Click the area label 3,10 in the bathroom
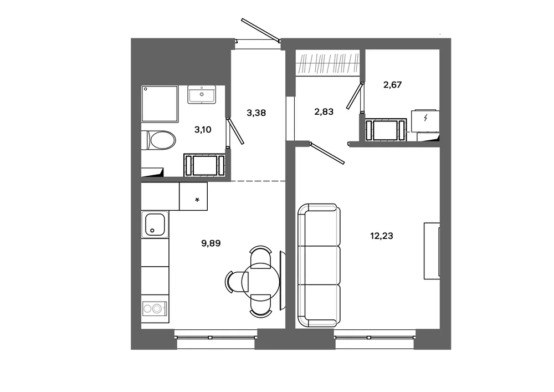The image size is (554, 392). click(203, 130)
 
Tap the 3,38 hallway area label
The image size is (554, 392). click(256, 113)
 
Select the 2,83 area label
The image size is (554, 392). click(324, 111)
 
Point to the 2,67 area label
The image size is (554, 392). click(393, 85)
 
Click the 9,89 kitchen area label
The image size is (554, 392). click(211, 243)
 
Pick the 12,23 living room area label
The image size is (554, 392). click(382, 236)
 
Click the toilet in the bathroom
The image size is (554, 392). click(158, 140)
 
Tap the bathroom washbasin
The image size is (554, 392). click(202, 94)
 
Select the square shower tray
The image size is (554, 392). click(160, 104)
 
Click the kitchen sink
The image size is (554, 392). click(155, 225)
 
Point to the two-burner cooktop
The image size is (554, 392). click(155, 309)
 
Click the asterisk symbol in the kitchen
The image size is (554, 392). click(197, 200)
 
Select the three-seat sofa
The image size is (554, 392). click(319, 265)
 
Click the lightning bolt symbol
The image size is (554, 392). click(425, 118)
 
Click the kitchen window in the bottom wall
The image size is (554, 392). click(216, 338)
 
